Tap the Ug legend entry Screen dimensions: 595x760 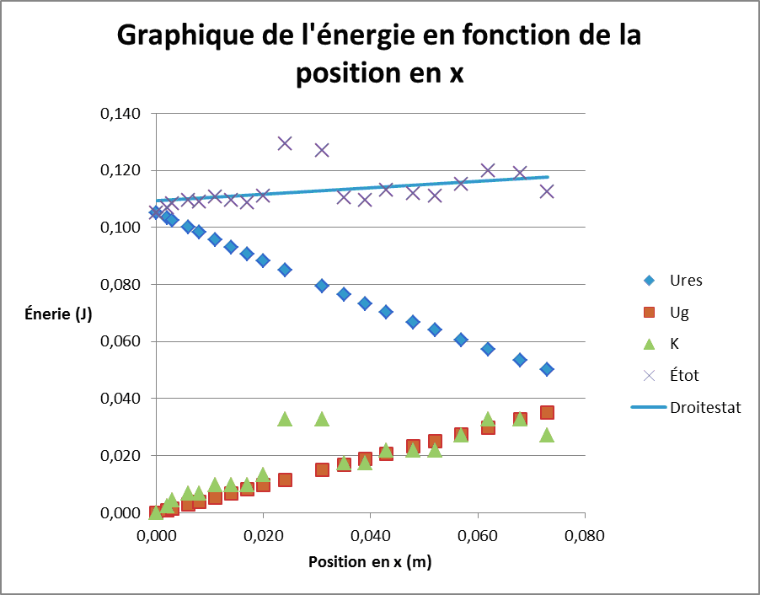coord(679,312)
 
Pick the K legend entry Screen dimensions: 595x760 coord(675,344)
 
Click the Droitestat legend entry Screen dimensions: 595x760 coord(705,408)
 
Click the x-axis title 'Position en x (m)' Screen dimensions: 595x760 coord(370,562)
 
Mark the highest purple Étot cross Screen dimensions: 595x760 coord(285,143)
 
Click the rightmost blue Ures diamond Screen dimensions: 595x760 coord(547,369)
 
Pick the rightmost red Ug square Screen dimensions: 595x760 coord(547,412)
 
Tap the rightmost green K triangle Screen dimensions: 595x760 coord(547,435)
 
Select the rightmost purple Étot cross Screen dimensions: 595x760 coord(547,191)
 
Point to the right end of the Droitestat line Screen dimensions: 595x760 coord(548,177)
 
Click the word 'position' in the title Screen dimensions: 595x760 coord(345,73)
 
